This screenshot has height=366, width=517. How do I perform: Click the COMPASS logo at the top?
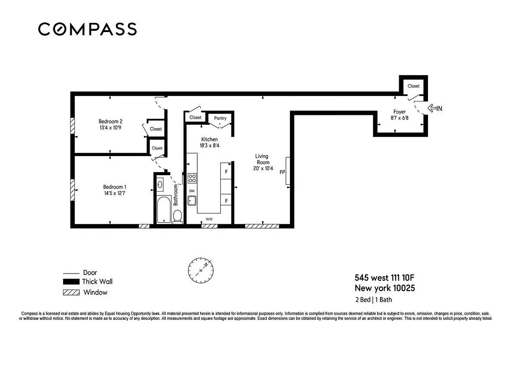(87, 29)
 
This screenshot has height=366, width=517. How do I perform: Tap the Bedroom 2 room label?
(111, 121)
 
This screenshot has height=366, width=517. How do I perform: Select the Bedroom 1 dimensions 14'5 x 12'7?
(114, 194)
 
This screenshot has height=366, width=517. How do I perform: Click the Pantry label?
(220, 118)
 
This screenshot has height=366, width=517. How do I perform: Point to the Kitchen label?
(210, 139)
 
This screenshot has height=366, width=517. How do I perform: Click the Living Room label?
(262, 159)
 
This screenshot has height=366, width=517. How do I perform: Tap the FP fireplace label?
(282, 172)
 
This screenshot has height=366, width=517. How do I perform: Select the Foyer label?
(400, 112)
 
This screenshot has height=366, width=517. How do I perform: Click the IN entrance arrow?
(434, 108)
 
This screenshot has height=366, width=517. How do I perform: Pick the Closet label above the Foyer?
(413, 86)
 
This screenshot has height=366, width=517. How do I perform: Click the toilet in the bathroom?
(178, 216)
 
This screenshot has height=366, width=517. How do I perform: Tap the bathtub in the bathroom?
(164, 210)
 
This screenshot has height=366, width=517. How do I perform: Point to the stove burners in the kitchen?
(192, 178)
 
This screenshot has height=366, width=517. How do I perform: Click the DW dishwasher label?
(192, 191)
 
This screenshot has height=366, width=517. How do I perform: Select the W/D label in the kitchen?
(209, 220)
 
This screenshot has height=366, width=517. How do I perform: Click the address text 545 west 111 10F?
(385, 278)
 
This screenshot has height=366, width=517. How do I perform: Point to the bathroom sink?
(160, 185)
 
